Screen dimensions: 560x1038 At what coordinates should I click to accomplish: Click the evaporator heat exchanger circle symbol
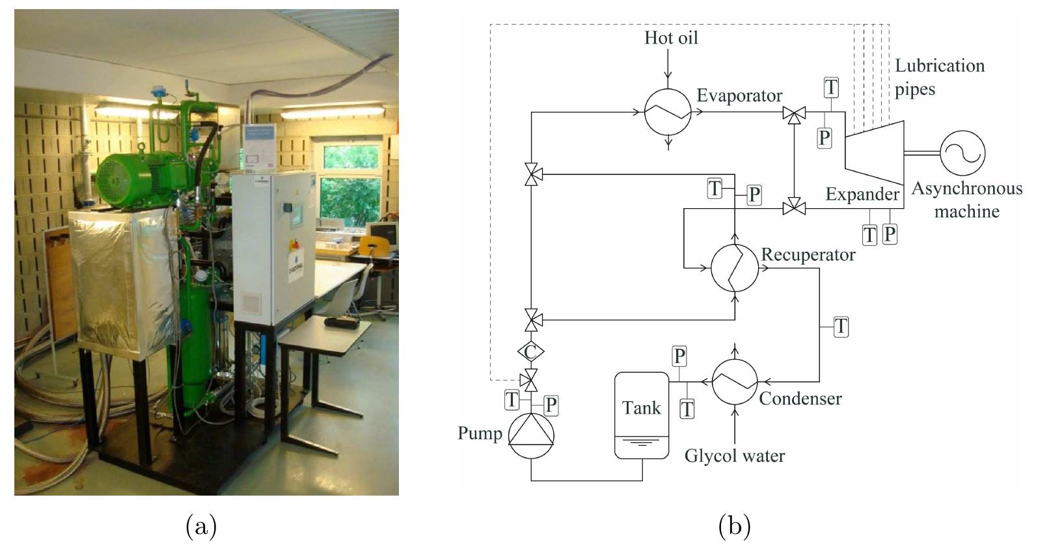coord(668,113)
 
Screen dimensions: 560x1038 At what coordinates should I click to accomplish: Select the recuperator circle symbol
coord(734,267)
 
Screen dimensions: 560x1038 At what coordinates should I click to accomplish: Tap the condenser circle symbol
coord(735,382)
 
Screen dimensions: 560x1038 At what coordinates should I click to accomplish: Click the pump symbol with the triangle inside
coord(530,436)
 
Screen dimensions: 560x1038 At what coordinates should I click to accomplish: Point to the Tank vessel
coord(642,415)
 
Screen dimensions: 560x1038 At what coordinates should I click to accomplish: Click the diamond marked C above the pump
coord(530,352)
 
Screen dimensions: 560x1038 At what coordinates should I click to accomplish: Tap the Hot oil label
coord(671,38)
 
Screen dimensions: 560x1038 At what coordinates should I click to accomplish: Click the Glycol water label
coord(734,456)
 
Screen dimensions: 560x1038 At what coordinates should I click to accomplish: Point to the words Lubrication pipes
coord(939,77)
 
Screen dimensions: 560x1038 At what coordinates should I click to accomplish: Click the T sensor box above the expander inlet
coord(831,87)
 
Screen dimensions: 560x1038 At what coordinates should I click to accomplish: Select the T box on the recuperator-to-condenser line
coord(841,326)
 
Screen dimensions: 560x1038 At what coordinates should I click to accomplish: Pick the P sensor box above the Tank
coord(679,356)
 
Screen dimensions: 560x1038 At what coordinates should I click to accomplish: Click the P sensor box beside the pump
coord(551,405)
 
